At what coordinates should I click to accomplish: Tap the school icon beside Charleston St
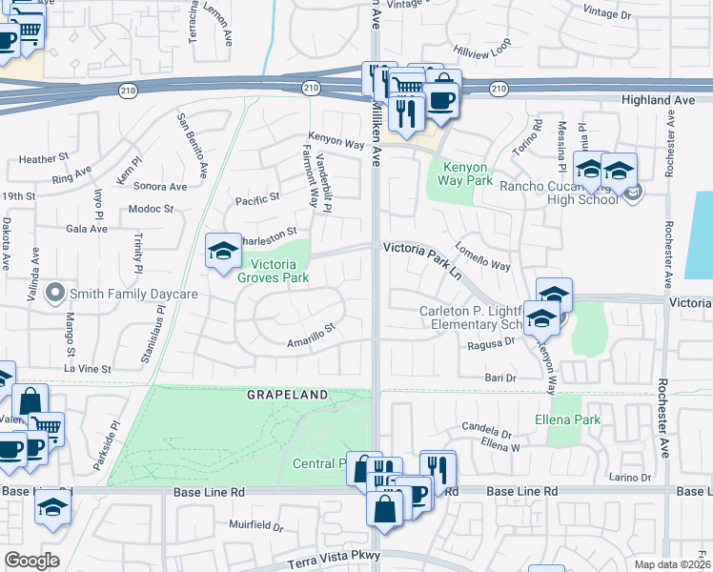click(x=223, y=252)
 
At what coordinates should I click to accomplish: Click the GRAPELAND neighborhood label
click(x=288, y=394)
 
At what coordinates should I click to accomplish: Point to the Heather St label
click(x=38, y=158)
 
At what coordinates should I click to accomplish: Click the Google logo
click(x=31, y=560)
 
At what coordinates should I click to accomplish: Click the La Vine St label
click(x=88, y=367)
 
